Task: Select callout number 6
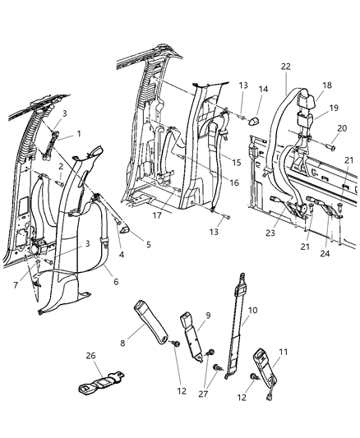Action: coord(116,281)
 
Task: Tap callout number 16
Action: coord(235,183)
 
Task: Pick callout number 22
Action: coord(284,67)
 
